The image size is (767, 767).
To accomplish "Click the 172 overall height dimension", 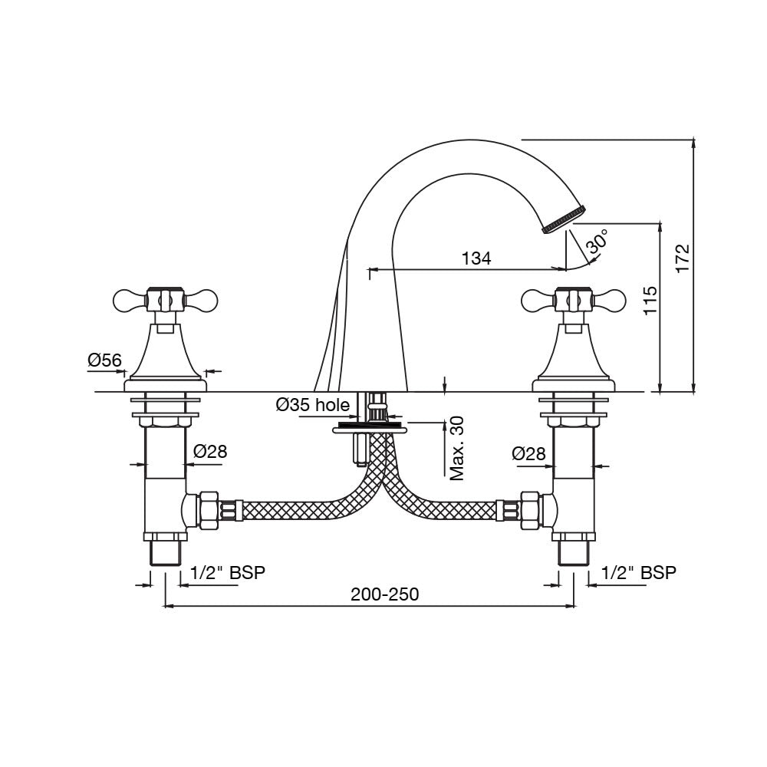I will pos(682,258).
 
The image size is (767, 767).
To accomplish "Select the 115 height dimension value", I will pos(650,301).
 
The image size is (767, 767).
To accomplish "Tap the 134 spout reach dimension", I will pos(476,258).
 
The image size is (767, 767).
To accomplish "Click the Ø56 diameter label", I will pos(105,359).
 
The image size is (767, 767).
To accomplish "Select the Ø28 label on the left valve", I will pos(210,452).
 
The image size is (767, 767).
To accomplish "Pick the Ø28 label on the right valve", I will pos(528,454).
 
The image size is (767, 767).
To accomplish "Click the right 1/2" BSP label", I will pos(639,572).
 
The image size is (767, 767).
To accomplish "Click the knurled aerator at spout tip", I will pos(565,218).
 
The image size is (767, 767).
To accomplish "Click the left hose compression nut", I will pos(208,509).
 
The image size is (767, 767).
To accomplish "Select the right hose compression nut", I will pos(528,509).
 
